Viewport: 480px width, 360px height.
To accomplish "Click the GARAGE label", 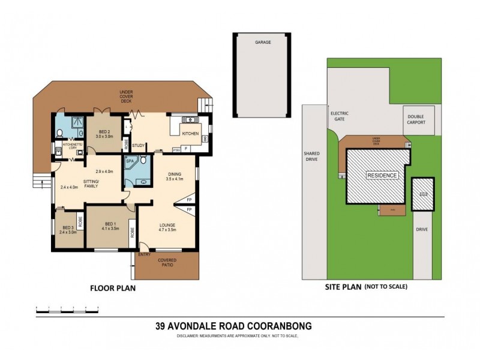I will [262, 43].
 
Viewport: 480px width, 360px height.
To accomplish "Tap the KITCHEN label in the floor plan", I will [190, 133].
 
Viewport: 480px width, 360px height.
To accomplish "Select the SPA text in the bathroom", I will [129, 162].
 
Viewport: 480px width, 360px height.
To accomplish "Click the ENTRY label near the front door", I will [144, 255].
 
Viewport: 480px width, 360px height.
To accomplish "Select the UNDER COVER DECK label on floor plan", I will [125, 97].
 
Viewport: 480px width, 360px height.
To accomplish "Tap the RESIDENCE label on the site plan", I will [382, 175].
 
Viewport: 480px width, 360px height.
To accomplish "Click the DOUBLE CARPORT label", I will [416, 119].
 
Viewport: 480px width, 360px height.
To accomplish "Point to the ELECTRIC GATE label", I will [339, 116].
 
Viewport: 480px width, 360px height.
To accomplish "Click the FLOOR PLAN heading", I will [112, 287].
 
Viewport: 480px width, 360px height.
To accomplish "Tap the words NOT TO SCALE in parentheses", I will [386, 287].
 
